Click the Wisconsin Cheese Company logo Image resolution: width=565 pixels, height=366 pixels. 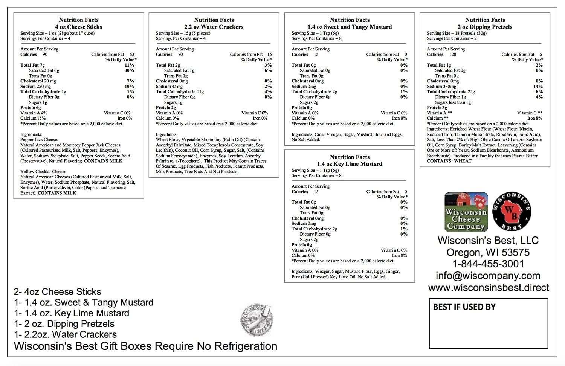pos(466,212)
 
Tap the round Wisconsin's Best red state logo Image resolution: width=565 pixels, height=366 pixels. pos(512,212)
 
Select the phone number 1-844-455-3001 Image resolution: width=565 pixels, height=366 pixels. pos(488,264)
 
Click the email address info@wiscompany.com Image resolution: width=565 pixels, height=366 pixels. pos(488,276)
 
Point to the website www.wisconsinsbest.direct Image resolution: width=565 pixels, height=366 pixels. pos(489,288)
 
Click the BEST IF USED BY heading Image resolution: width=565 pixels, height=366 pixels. pos(464,307)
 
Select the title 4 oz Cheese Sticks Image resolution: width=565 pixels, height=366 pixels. pos(78,27)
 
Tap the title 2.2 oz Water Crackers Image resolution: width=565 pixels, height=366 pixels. pos(214,27)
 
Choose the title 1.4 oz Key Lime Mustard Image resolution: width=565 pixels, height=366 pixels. pos(350,164)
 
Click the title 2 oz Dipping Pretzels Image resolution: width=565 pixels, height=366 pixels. pos(485,27)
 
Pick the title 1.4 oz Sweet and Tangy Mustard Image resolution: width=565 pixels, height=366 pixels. pos(350,27)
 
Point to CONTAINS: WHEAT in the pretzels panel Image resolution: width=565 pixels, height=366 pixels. pos(449,161)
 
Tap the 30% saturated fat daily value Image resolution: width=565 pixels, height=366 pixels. pos(130,70)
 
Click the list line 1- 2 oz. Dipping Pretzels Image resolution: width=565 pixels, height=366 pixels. pos(64,324)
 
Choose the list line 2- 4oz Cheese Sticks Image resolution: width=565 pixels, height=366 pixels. pos(58,292)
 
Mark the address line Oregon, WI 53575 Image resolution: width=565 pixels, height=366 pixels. pos(488,252)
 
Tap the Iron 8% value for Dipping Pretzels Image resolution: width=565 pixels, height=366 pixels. pos(535,118)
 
